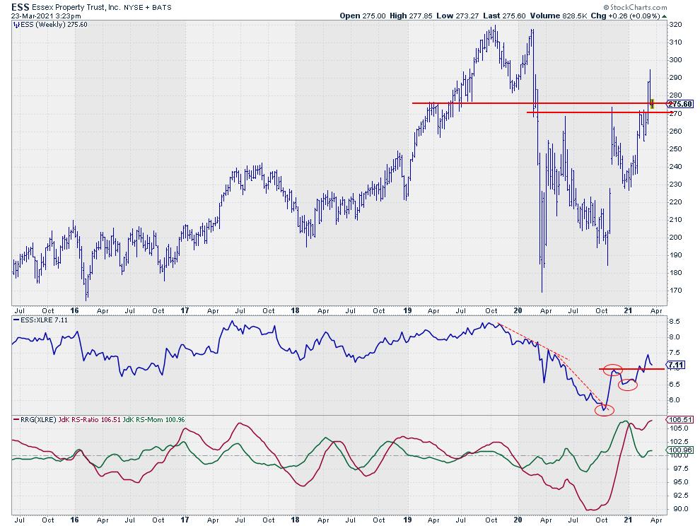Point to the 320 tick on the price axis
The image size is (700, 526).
(675, 24)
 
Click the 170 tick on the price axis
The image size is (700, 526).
(675, 291)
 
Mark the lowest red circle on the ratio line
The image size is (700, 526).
(604, 409)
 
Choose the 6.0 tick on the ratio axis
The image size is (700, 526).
(674, 400)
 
